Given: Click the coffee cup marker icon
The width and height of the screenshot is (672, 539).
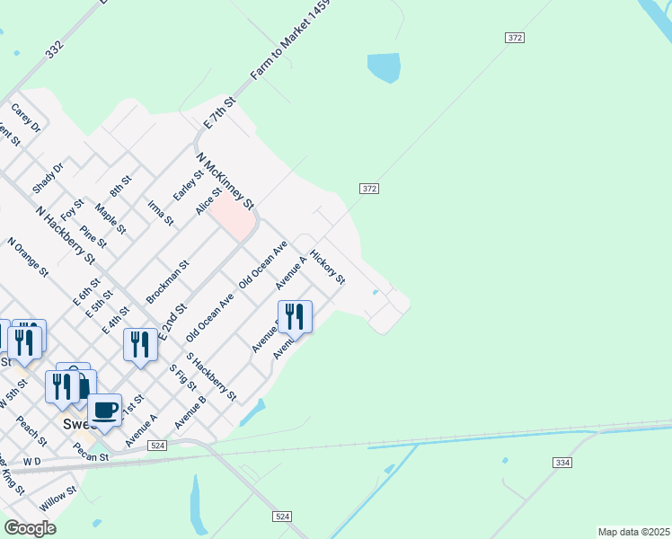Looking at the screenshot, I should tap(104, 410).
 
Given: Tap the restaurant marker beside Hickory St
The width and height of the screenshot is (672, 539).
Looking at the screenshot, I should tap(295, 316).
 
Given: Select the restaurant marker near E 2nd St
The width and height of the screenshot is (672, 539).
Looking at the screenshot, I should tap(140, 344).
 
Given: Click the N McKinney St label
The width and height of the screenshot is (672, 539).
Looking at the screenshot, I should tap(225, 180).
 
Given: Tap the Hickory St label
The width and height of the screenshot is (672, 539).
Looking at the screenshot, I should tap(328, 267).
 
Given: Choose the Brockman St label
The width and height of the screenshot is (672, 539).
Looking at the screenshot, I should tap(167, 281).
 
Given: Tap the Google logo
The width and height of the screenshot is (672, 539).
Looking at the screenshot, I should tap(30, 528).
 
